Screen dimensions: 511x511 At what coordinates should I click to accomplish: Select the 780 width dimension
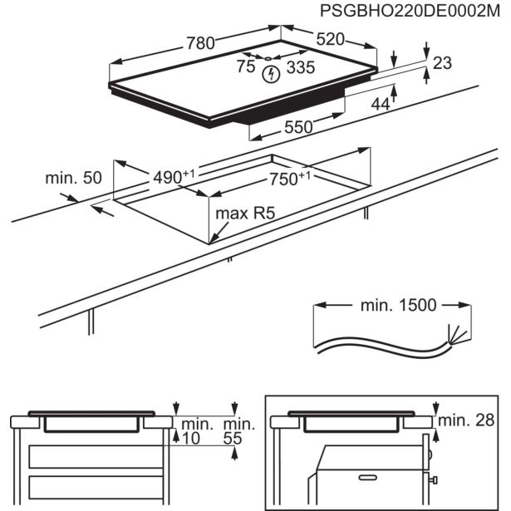pos(199,43)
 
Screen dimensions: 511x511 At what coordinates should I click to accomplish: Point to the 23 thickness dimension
pos(442,62)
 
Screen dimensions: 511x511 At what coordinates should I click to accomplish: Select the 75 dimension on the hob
pos(245,68)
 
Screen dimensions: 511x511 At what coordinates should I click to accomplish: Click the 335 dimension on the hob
pos(301,68)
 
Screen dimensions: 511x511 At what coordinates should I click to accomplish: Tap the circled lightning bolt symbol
pos(270,75)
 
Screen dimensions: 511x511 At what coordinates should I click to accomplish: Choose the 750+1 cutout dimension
pos(290,180)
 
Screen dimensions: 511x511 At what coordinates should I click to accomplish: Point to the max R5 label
pos(245,214)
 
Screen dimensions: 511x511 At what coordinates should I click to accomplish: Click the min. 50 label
pos(73,178)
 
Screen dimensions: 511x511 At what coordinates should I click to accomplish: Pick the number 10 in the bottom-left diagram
pos(192,438)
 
